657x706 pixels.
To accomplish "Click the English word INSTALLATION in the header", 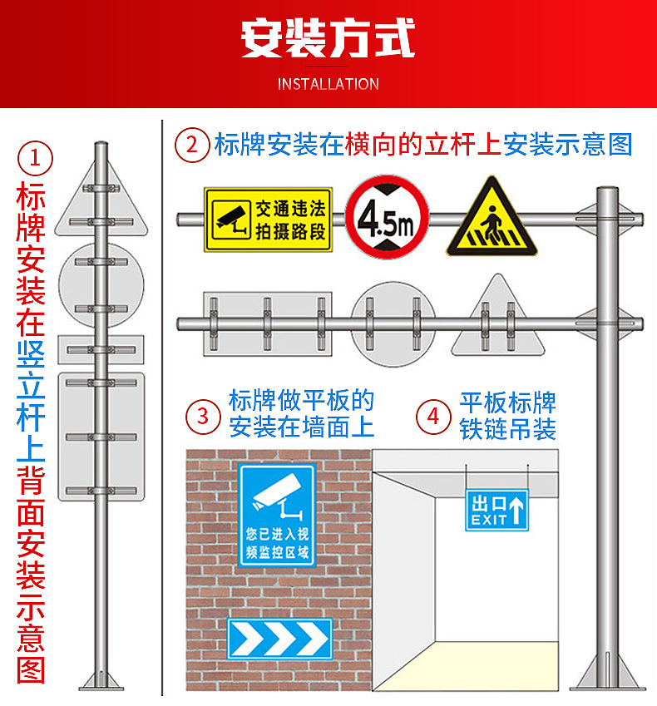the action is coord(328,84).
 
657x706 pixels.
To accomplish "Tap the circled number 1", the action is coord(35,159).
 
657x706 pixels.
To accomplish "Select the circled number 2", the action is coord(192,145).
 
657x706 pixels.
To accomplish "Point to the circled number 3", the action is coord(203,416).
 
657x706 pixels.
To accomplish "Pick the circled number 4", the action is coord(433,417).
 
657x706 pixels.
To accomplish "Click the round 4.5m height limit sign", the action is coord(387,218).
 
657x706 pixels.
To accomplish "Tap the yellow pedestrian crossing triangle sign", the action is coord(492,218).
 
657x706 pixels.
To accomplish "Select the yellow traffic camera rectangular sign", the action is coord(269,220).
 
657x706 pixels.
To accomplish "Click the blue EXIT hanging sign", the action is coord(496,511).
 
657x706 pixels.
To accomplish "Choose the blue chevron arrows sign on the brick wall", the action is coord(279,639).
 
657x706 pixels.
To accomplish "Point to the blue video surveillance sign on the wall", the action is coord(276,516).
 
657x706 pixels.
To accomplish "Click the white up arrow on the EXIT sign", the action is coord(517,509).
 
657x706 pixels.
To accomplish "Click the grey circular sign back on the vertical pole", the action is coord(101,285).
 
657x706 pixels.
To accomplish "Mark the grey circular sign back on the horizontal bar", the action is coord(393,324).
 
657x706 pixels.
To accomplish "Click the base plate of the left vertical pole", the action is coord(101,688).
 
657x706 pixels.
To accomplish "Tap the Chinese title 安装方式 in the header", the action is coord(328,37).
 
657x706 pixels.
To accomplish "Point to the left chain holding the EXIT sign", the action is coord(467,477).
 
